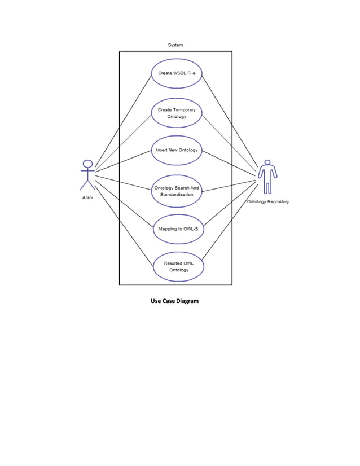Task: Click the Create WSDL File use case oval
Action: [x=177, y=73]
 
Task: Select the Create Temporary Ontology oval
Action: [x=177, y=113]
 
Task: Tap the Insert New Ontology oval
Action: [x=177, y=151]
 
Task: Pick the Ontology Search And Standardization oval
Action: [x=177, y=191]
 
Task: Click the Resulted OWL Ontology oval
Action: [x=179, y=266]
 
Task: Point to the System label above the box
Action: [x=175, y=45]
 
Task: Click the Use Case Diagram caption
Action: [x=174, y=301]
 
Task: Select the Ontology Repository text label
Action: [x=267, y=201]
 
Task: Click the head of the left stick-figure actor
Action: [x=87, y=164]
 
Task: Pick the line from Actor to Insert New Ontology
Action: [x=124, y=160]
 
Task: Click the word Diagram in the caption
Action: [x=187, y=301]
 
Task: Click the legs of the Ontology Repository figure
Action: [x=267, y=186]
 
